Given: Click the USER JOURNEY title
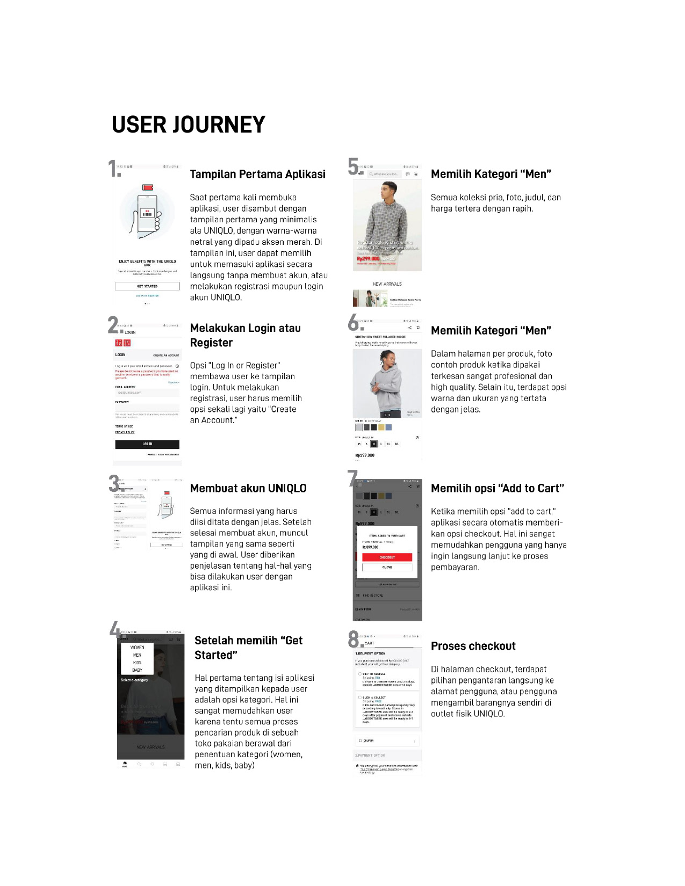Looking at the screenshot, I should coord(189,125).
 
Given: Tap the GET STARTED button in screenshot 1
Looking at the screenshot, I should coord(147,286).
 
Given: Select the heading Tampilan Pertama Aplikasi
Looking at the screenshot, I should coord(258,174).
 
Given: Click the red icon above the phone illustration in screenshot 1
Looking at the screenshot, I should coord(148,187).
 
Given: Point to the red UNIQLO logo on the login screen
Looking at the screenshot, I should coord(122,343).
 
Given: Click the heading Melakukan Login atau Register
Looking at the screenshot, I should coord(246,335).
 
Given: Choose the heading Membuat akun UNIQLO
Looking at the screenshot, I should coord(248,488).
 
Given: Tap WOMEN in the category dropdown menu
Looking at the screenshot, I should coord(138,648).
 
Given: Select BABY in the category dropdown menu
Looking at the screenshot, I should coord(138,670).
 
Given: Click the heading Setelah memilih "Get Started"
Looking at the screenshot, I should coord(249,648).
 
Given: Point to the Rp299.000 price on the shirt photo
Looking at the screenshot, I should coord(368,258).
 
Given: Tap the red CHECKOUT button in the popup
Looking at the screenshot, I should coord(387,557).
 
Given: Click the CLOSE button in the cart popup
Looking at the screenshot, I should coord(387,567).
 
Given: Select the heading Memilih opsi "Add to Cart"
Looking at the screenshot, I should coord(497,488).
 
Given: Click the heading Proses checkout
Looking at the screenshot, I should coord(473,646).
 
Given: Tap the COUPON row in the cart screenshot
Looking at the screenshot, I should coord(387,740).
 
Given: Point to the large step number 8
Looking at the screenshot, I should coord(355,640).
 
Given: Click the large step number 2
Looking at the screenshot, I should coord(113,325).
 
